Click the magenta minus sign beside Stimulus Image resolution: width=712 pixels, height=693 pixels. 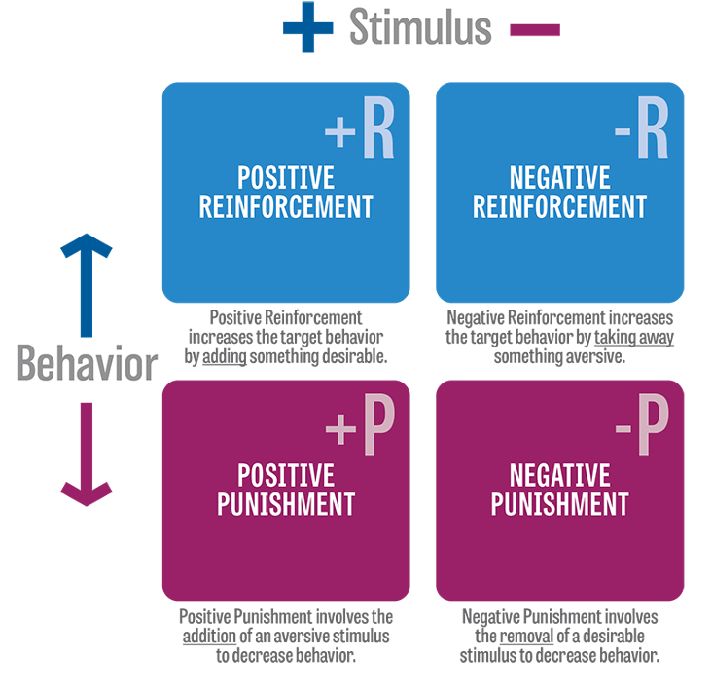pos(534,30)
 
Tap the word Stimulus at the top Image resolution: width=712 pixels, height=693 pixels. pos(419,28)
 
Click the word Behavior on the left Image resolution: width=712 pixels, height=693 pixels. pos(87,365)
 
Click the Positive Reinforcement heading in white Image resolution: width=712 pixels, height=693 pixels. pos(286,192)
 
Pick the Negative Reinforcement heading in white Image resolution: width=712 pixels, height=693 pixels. pos(559,192)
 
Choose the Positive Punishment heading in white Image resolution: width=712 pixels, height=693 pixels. pos(286,490)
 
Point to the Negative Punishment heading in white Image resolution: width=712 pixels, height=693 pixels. pos(559,490)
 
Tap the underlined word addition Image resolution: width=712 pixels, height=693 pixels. pos(209,636)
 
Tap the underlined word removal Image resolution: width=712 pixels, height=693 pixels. pos(528,636)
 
